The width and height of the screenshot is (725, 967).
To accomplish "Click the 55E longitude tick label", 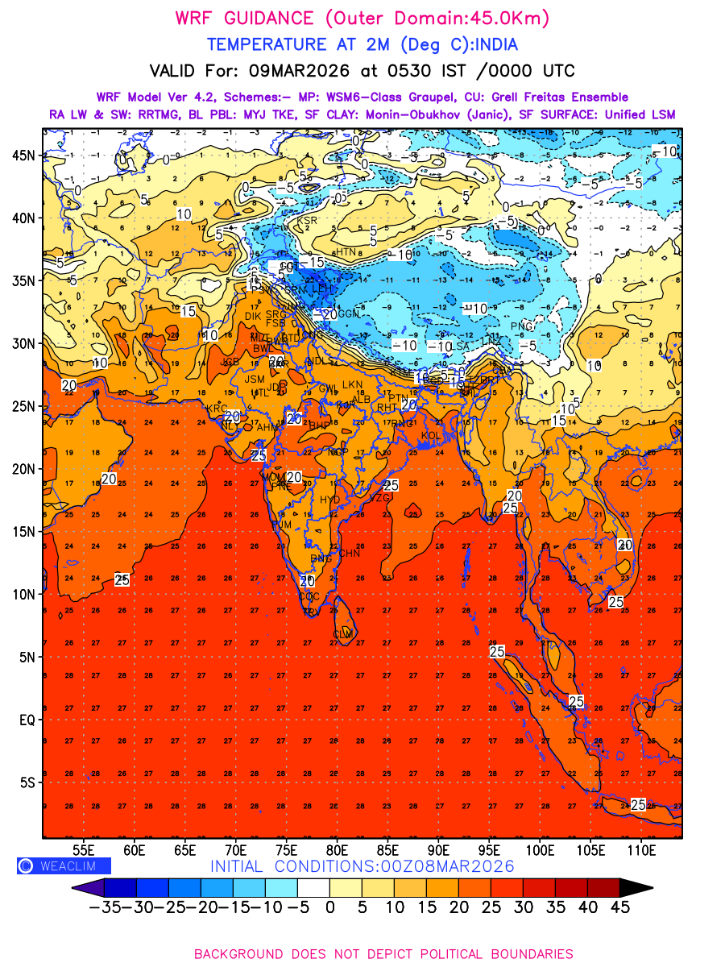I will point(84,850).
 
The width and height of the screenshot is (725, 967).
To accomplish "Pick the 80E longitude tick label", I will point(338,850).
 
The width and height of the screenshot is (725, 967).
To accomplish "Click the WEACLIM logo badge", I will point(64,866).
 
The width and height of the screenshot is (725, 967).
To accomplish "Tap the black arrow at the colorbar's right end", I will point(636,888).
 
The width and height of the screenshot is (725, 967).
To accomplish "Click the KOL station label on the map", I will point(430,436).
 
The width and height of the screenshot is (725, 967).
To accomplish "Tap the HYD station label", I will point(330,500).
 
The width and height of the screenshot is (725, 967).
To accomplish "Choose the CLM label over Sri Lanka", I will point(343,635).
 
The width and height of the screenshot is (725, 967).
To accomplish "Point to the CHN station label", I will point(349,554).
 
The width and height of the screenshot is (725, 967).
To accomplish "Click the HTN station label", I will point(346,252).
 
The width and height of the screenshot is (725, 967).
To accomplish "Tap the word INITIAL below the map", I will point(240,867).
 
